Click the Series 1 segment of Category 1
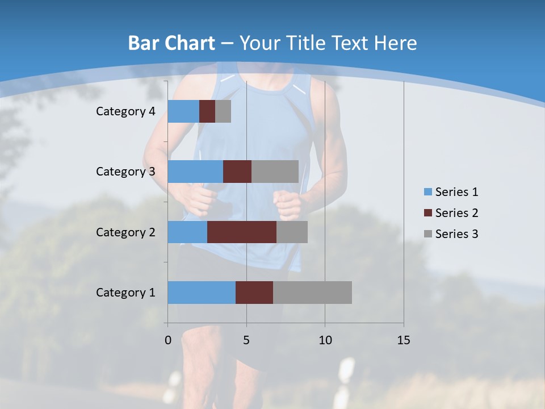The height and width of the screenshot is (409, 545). (x=202, y=293)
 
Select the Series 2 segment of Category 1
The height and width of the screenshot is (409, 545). (x=254, y=293)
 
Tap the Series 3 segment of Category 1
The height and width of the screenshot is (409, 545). (x=312, y=293)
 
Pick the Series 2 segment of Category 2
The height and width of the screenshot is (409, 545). (x=242, y=232)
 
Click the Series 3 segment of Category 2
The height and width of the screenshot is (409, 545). (x=292, y=232)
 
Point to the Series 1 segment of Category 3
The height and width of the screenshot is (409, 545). (x=195, y=172)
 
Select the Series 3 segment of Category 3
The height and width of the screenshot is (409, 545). (x=275, y=172)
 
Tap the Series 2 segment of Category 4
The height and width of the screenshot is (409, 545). (x=207, y=111)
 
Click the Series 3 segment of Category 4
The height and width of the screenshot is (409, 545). (x=223, y=111)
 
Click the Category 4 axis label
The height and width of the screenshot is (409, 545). (x=125, y=111)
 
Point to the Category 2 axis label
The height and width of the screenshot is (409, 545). (x=125, y=232)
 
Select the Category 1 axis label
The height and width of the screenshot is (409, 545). (x=125, y=293)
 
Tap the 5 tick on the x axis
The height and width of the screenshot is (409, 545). (x=246, y=340)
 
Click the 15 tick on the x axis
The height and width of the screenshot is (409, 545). (x=404, y=340)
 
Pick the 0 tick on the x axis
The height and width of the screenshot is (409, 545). (x=168, y=340)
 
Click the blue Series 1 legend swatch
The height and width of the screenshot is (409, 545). (x=427, y=192)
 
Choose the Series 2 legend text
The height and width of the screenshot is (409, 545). (x=456, y=213)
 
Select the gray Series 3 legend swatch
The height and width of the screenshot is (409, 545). (x=427, y=234)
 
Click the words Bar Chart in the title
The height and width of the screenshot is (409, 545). (x=171, y=43)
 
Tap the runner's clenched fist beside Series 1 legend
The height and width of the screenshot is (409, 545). (x=287, y=204)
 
